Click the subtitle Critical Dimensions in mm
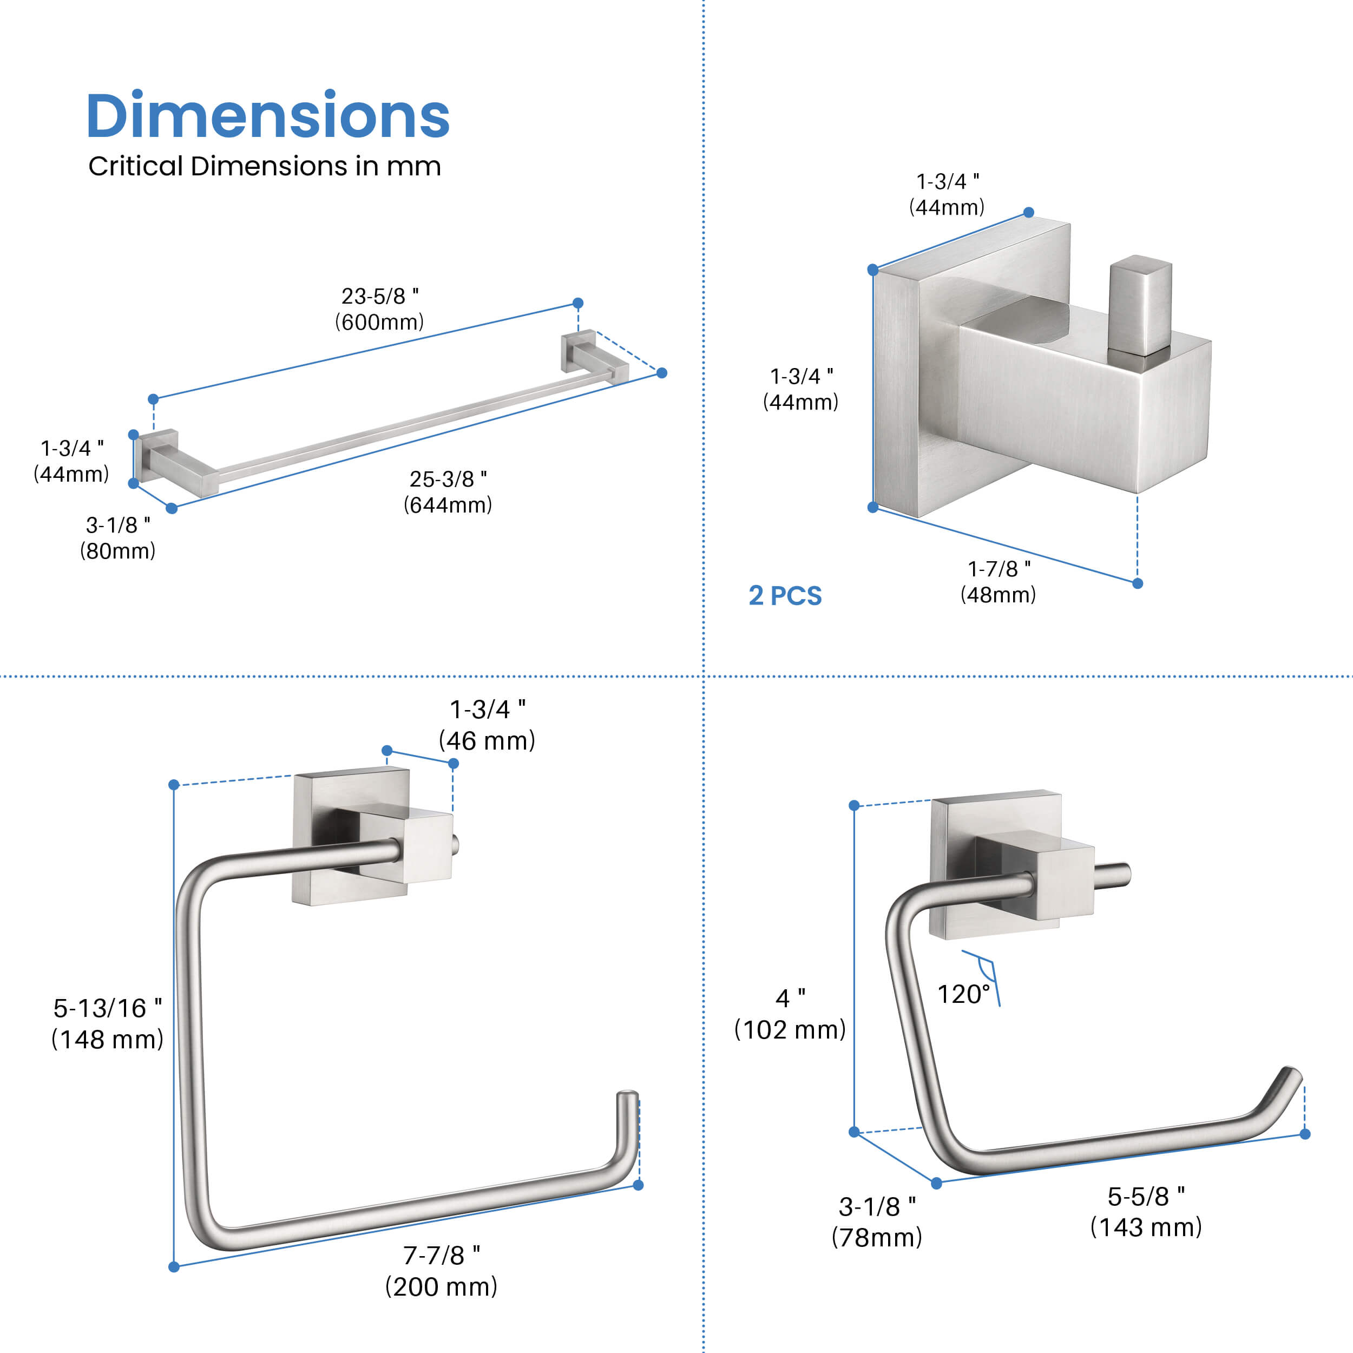[x=265, y=167]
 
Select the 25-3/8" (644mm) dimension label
[x=448, y=491]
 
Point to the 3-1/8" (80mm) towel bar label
[x=117, y=538]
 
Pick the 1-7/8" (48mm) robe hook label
[x=998, y=582]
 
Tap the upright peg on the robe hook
[x=1139, y=305]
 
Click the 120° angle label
[x=964, y=994]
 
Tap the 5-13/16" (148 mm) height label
[x=107, y=1024]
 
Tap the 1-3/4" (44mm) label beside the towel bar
[x=71, y=461]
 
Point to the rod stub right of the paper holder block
[x=1113, y=875]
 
